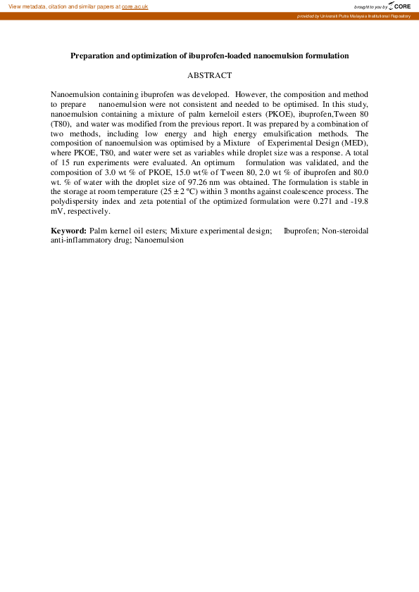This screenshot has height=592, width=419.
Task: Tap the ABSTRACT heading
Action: [x=209, y=75]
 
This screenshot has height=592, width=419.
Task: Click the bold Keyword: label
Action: [x=68, y=231]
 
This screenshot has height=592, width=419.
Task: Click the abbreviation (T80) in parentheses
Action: [x=61, y=123]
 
